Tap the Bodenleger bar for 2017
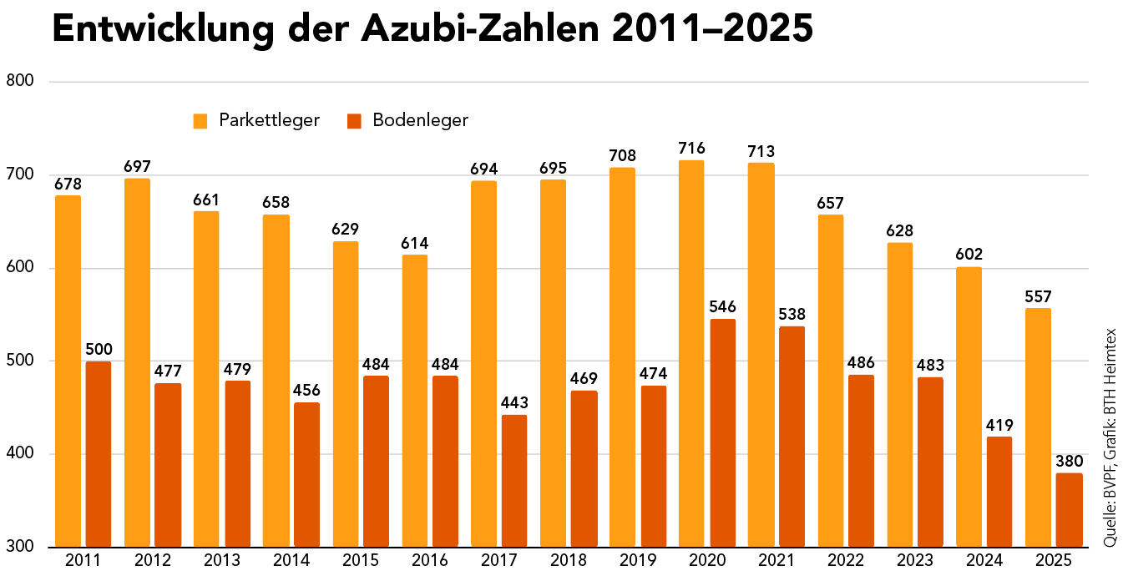[514, 480]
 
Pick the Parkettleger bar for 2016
[415, 401]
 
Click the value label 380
[1070, 461]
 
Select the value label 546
[722, 306]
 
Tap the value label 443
[514, 402]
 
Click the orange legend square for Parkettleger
[200, 121]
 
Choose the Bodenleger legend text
[420, 120]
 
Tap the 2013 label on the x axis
[221, 560]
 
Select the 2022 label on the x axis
[846, 560]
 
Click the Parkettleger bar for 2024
[969, 407]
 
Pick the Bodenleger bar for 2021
[792, 437]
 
